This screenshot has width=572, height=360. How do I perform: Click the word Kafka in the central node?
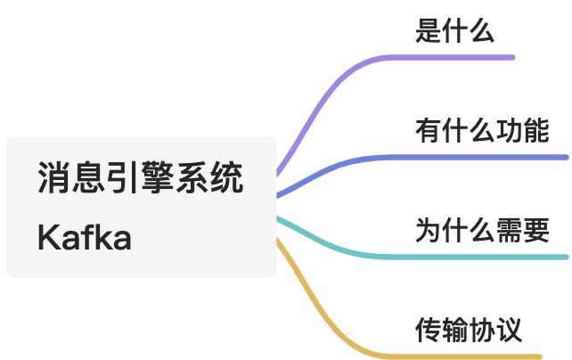pyautogui.click(x=85, y=238)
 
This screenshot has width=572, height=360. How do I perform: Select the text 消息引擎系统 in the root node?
pyautogui.click(x=141, y=178)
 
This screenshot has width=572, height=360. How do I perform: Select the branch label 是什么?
pyautogui.click(x=454, y=31)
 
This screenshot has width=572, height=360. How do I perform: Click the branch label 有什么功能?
pyautogui.click(x=481, y=131)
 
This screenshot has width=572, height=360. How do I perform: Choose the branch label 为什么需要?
pyautogui.click(x=481, y=231)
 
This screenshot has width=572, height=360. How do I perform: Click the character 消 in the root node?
pyautogui.click(x=55, y=178)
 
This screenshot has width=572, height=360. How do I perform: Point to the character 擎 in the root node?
pyautogui.click(x=158, y=178)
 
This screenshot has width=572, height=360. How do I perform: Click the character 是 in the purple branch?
pyautogui.click(x=428, y=31)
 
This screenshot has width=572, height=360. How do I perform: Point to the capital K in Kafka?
pyautogui.click(x=48, y=238)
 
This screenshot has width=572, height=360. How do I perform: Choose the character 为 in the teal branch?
pyautogui.click(x=428, y=231)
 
